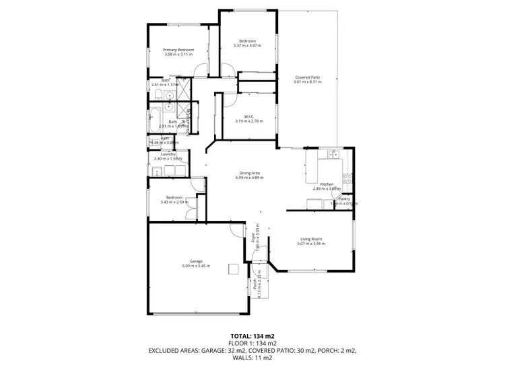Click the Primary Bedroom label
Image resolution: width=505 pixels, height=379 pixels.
tap(178, 50)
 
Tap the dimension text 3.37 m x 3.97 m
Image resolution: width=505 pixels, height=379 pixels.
tap(246, 46)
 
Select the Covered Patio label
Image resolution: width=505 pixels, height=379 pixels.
tap(307, 77)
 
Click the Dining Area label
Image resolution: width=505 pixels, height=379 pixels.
tap(249, 172)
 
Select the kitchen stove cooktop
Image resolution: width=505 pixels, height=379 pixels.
tap(347, 178)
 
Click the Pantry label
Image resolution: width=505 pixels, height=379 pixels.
tap(343, 199)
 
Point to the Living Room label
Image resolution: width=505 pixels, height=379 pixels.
tap(311, 239)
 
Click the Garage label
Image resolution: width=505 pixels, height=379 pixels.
tap(196, 261)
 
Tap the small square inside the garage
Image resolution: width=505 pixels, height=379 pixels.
tap(233, 269)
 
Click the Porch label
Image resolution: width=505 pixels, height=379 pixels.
tap(255, 284)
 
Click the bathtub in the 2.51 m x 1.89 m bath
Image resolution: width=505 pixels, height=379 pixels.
tap(154, 120)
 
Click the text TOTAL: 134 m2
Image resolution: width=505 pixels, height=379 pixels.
tap(252, 335)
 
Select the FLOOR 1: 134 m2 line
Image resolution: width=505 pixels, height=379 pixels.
tap(252, 343)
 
